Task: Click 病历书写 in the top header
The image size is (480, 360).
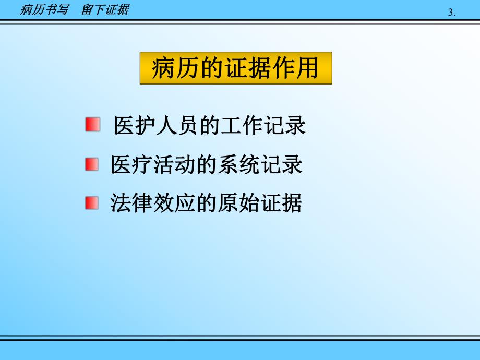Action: click(44, 9)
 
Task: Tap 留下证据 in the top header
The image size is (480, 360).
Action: click(105, 9)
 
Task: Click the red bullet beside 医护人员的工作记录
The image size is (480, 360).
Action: click(92, 125)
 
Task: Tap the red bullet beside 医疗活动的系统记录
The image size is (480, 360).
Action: click(91, 164)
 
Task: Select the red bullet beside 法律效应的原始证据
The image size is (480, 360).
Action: click(92, 202)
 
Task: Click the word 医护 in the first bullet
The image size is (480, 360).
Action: click(134, 126)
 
